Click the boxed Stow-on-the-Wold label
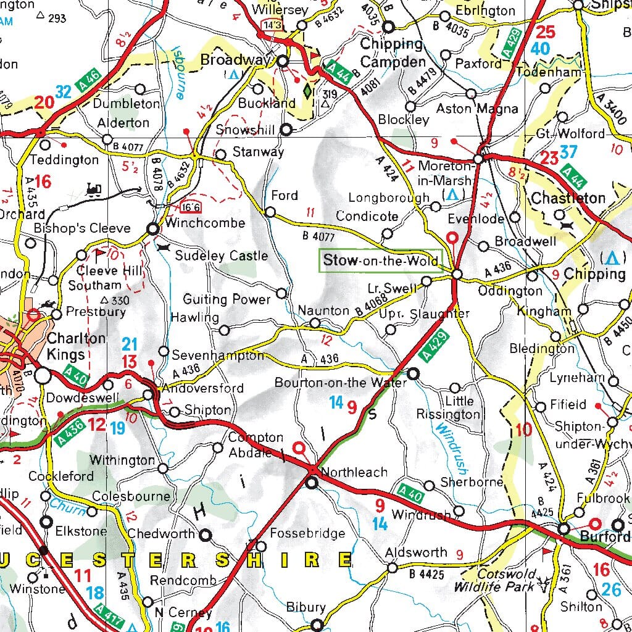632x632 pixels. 380,260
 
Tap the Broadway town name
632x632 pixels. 236,60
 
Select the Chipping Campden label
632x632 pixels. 393,53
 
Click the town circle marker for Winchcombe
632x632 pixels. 153,229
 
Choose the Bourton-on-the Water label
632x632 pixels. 341,383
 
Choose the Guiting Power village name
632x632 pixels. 227,299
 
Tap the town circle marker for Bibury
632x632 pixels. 317,625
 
